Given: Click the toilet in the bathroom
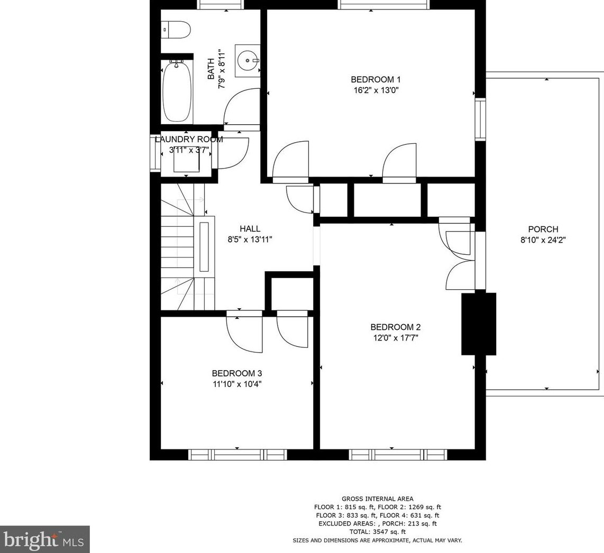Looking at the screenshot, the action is point(176,30).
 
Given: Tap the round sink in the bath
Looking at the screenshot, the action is point(248,60).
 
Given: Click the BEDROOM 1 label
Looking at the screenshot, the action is point(376,80).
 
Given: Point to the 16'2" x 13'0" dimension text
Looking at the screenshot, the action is point(376,90).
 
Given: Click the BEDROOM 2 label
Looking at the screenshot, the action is point(395,327).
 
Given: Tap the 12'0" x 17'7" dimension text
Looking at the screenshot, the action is point(395,338).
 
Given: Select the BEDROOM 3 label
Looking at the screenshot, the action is point(237,373).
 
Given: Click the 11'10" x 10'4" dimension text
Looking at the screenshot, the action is point(237,384).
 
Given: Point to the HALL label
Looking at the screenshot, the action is point(250,229).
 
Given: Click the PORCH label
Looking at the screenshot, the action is point(543,229).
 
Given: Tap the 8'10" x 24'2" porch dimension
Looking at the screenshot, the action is point(543,240).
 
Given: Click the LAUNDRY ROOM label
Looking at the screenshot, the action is point(189,140).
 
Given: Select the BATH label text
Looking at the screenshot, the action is point(211,69).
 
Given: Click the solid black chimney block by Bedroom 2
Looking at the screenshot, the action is point(479,324).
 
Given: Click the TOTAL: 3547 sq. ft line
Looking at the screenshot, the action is point(378,532).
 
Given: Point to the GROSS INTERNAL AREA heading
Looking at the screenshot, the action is point(378,499).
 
